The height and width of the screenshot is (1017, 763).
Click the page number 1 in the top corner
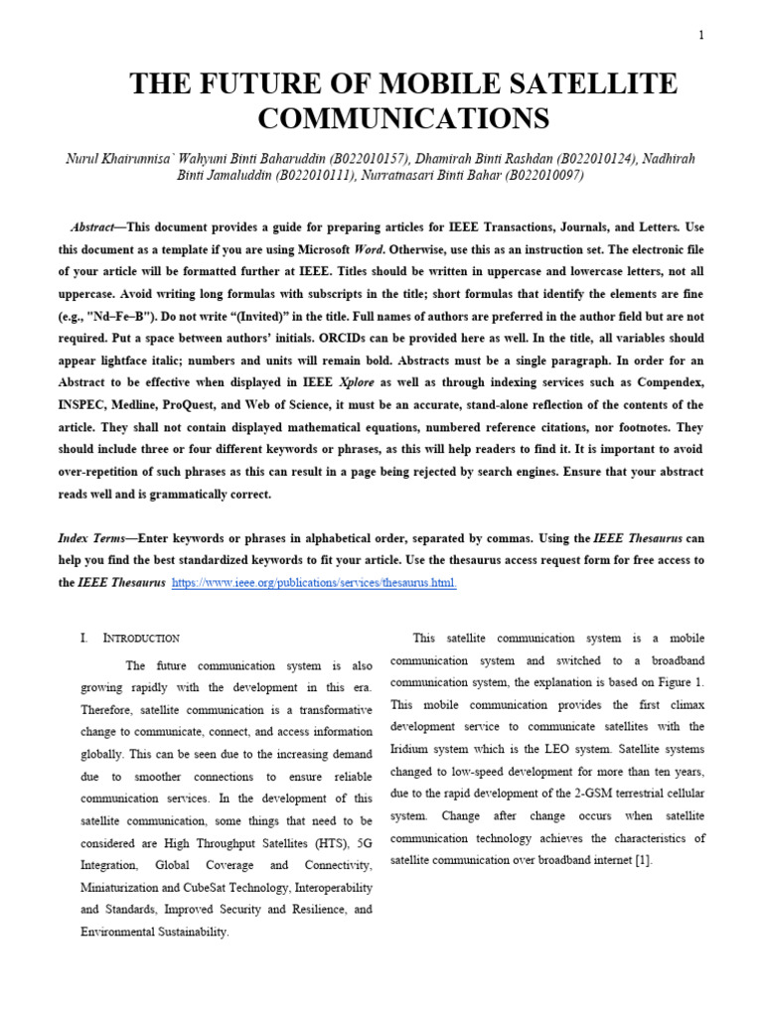pos(701,36)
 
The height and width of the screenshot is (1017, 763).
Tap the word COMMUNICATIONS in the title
pos(403,119)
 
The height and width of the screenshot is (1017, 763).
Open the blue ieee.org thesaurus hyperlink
pos(314,583)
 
